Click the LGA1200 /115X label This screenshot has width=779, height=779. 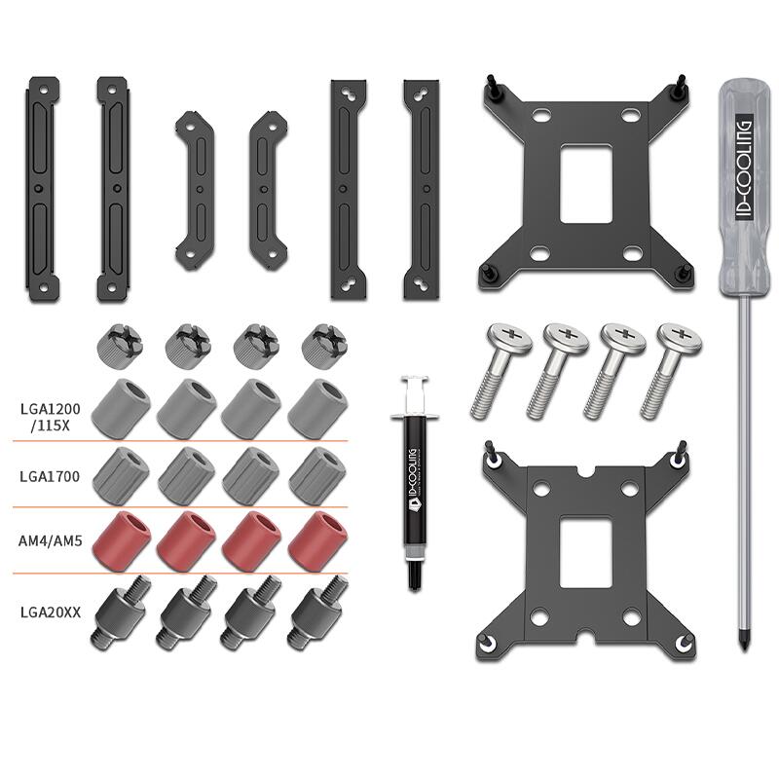tap(51, 417)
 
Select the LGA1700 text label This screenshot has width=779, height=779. tap(50, 476)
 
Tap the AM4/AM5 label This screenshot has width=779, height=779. tap(51, 540)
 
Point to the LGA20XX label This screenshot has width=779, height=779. tap(51, 612)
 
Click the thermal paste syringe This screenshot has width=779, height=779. tap(415, 483)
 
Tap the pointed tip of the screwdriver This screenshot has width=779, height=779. tap(744, 649)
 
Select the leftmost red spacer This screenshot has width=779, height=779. tap(122, 540)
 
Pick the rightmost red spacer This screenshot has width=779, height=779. tap(318, 541)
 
